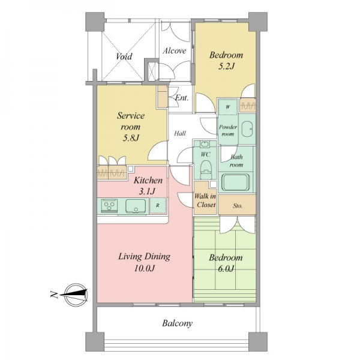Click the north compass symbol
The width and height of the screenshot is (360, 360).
(75, 295)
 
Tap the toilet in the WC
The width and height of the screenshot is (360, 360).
(206, 170)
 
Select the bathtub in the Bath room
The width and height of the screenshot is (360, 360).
(235, 182)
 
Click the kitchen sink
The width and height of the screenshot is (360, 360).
(136, 206)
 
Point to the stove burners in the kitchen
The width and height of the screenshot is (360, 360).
(109, 205)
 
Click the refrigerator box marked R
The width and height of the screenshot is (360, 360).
(158, 206)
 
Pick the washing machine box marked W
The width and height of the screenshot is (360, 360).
(228, 107)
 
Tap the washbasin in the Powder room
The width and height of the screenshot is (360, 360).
(247, 129)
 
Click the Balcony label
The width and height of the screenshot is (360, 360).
(177, 323)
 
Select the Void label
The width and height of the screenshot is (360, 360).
(124, 56)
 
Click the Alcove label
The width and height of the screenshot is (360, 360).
(174, 51)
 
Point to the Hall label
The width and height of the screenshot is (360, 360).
(180, 133)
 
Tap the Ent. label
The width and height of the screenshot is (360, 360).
(182, 98)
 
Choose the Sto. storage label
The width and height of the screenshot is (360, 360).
(238, 206)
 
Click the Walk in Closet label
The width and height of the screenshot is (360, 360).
(206, 200)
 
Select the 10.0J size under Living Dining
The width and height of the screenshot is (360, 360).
(145, 268)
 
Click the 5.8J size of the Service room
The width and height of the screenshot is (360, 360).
(131, 138)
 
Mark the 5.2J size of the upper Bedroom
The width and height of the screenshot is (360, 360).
(226, 67)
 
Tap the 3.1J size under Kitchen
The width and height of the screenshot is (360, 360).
(147, 191)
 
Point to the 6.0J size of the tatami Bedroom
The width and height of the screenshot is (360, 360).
(226, 269)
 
